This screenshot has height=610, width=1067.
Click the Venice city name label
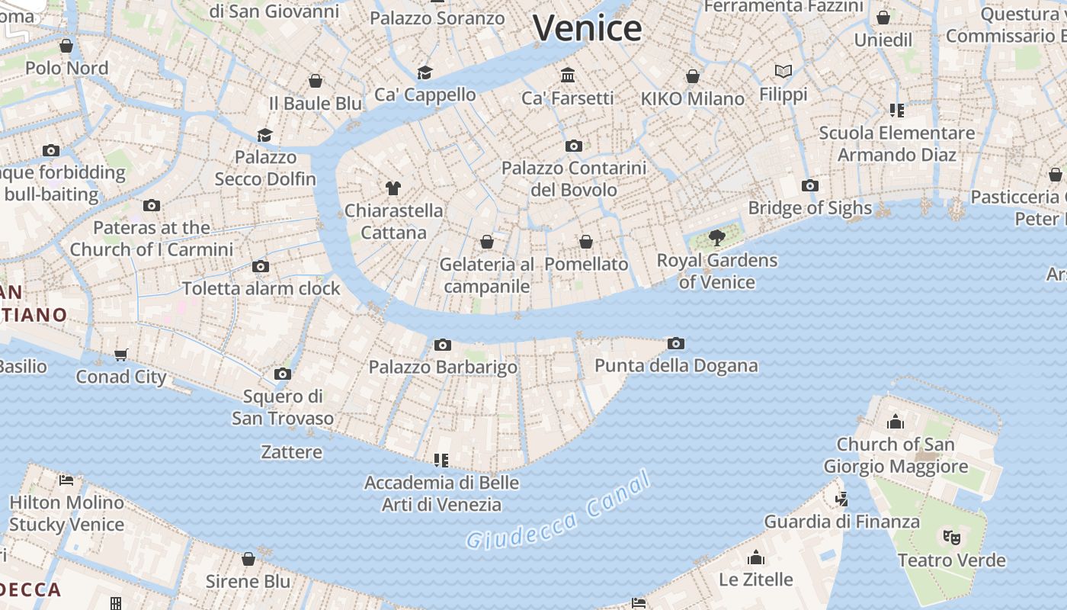[x=587, y=28]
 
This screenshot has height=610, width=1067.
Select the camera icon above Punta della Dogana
[x=675, y=344]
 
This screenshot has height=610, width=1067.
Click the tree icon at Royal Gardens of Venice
[x=716, y=238]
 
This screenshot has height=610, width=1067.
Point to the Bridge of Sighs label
[x=809, y=207]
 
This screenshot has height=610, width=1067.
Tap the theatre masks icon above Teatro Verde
[x=951, y=538]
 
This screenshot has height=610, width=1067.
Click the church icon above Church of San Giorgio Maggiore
[x=896, y=421]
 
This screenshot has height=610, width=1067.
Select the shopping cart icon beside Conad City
[x=120, y=355]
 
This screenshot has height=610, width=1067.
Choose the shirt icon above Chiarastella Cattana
[x=393, y=188]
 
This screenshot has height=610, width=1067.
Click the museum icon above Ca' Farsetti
[x=568, y=75]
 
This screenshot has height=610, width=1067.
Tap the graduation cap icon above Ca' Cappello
[x=425, y=72]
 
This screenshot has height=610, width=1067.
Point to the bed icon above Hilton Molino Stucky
[x=66, y=480]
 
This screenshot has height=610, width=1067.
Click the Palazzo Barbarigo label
[x=443, y=367]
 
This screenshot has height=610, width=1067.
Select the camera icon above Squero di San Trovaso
[x=283, y=374]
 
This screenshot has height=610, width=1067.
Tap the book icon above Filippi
[x=783, y=72]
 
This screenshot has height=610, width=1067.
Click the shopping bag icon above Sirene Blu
[x=248, y=559]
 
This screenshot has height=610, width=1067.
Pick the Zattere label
[x=291, y=451]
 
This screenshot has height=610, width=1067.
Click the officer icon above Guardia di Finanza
[x=841, y=499]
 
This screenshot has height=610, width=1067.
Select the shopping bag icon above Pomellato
[x=586, y=242]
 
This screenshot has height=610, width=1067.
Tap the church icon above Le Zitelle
[x=756, y=557]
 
